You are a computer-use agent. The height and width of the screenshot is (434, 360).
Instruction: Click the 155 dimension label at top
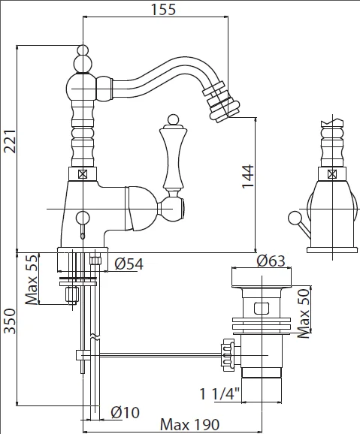163,9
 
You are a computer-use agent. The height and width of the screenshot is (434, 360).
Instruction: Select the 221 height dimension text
10,141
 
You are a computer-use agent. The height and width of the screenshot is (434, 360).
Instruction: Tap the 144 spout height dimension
248,176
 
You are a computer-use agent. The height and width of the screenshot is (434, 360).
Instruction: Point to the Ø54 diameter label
129,264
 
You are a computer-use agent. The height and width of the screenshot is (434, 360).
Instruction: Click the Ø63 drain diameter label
271,261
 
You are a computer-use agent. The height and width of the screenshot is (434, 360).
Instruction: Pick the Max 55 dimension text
32,279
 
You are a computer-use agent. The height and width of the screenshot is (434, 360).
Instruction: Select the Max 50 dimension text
304,313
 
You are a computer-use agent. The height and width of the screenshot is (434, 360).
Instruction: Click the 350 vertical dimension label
10,321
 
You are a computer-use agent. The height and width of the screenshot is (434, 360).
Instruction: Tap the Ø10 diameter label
125,413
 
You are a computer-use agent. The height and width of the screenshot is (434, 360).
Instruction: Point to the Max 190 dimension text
190,424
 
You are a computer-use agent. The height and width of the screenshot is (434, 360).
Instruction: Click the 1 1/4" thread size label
219,394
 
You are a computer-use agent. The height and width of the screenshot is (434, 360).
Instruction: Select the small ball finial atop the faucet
83,50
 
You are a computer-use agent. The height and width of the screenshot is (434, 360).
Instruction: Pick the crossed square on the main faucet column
83,174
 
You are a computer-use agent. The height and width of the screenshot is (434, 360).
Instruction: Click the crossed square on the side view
332,174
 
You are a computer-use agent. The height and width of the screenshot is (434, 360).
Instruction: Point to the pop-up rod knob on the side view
295,218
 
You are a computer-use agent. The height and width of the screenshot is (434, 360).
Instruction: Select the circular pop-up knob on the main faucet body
83,218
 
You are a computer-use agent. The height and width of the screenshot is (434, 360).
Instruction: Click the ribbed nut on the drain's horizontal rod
228,355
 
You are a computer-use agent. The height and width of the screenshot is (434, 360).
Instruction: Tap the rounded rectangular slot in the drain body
262,309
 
